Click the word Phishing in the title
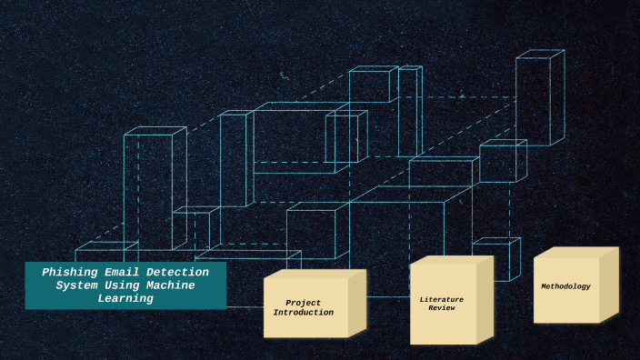point(70,272)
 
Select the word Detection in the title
point(176,272)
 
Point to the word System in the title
point(76,285)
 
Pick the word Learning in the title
point(125,298)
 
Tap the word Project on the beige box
point(303,303)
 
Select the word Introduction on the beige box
point(303,313)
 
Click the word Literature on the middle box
point(441,299)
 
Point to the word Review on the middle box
point(441,308)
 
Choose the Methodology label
point(565,286)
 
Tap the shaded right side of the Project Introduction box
point(357,303)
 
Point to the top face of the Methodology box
point(576,252)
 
